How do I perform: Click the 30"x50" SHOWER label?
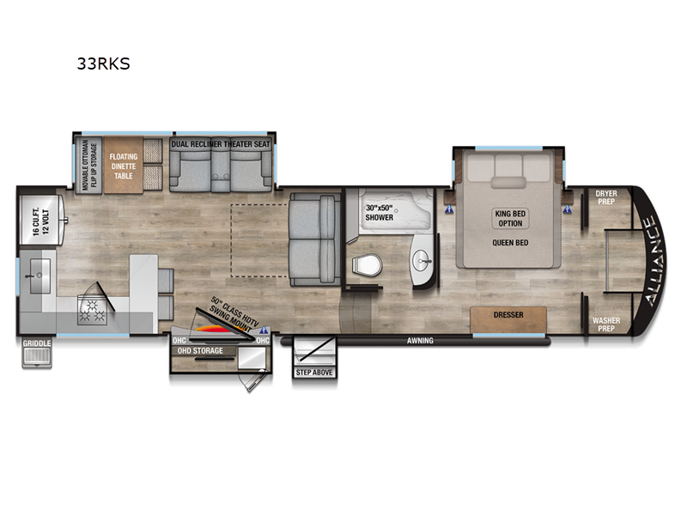click(x=379, y=211)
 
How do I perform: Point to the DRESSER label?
click(x=508, y=315)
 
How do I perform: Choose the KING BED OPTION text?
click(x=508, y=218)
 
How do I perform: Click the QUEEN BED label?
click(x=508, y=242)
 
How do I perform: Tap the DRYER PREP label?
click(x=606, y=199)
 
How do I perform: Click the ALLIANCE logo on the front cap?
click(x=649, y=262)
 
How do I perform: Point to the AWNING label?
click(x=421, y=341)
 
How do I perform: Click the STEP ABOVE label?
click(x=315, y=373)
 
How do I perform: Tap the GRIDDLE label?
click(x=37, y=344)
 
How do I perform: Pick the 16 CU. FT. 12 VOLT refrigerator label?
click(x=32, y=220)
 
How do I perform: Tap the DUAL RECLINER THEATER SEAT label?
click(x=222, y=144)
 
